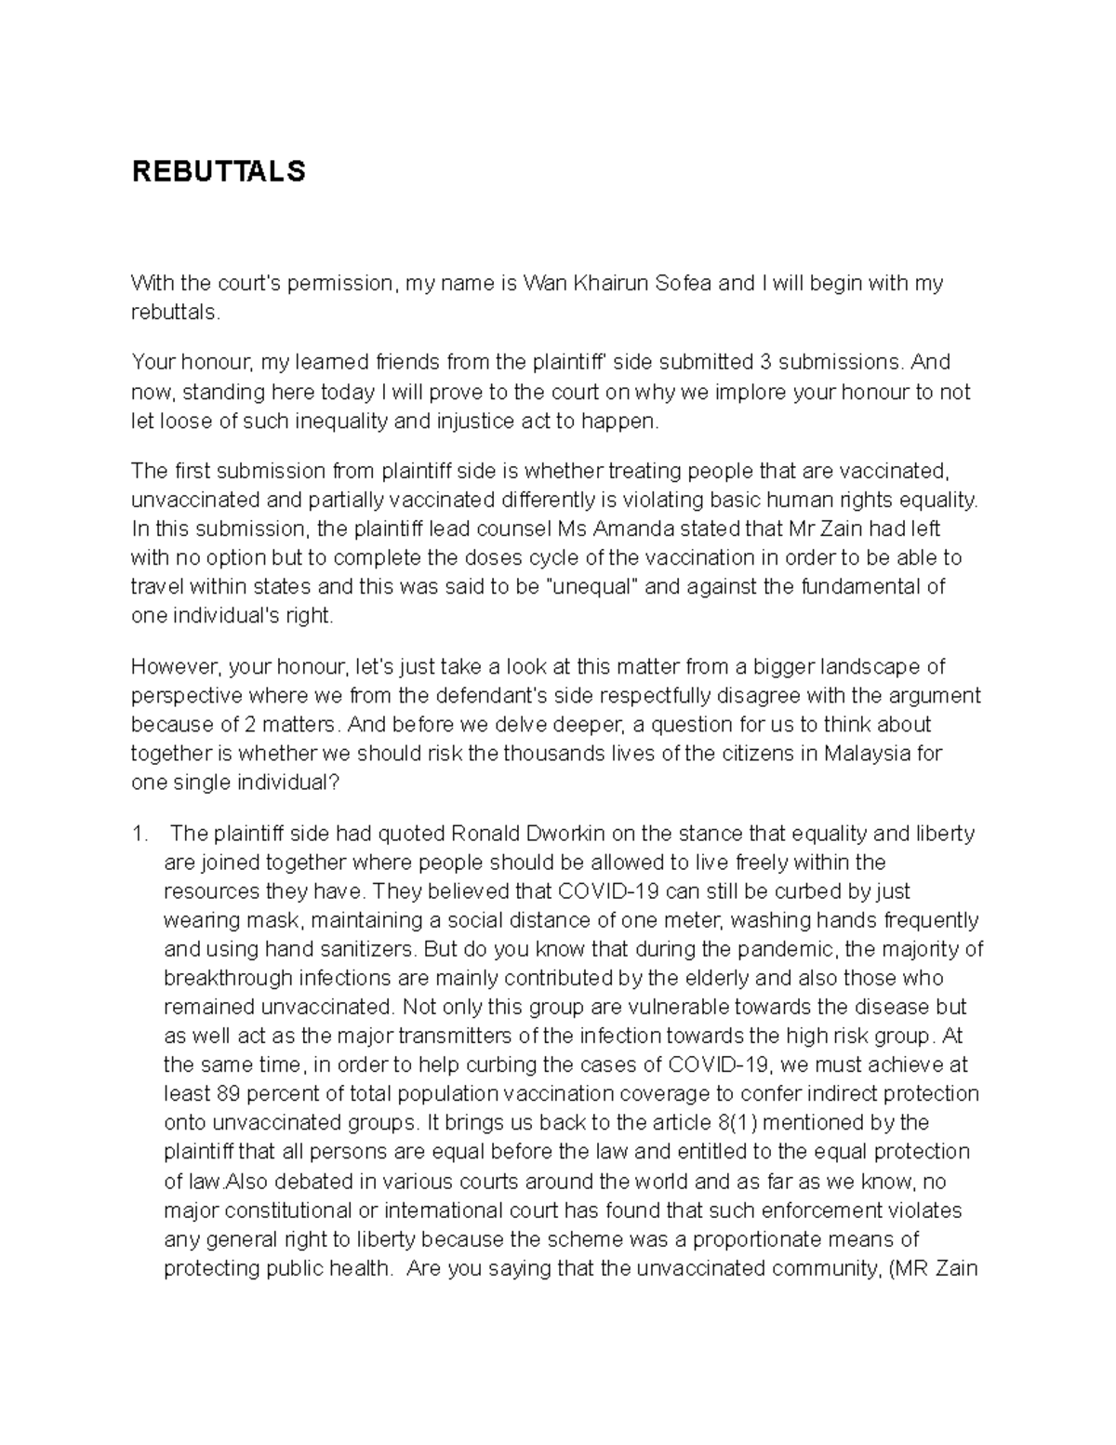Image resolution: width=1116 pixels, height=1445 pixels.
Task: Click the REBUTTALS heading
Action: tap(218, 172)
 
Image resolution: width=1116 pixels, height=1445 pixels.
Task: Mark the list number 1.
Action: tap(139, 833)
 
